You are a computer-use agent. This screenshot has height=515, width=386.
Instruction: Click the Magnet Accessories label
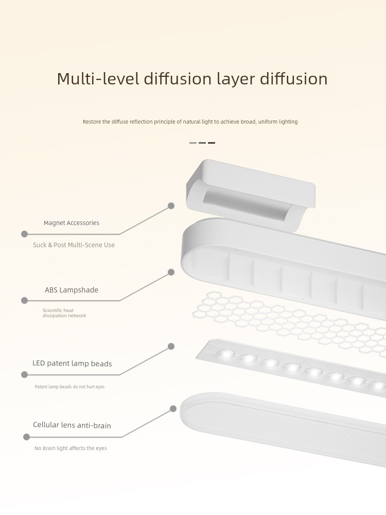[x=71, y=223]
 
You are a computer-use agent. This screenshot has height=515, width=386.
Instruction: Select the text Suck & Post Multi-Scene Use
[x=74, y=245]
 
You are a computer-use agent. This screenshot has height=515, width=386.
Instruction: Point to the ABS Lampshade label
[x=72, y=290]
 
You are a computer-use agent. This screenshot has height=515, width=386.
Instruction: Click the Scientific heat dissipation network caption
[x=64, y=313]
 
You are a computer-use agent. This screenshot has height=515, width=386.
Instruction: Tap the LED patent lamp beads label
[x=72, y=363]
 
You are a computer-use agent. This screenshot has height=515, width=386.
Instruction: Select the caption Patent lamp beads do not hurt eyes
[x=69, y=387]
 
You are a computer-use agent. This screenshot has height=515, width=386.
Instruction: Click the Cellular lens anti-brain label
[x=72, y=425]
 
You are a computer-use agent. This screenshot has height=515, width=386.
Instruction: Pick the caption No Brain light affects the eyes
[x=71, y=449]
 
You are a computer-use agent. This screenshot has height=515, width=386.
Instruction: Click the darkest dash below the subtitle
[x=212, y=143]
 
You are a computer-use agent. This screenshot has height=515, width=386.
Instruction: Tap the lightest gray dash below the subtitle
[x=193, y=143]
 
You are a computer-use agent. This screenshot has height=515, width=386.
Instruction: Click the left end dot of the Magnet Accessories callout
[x=24, y=234]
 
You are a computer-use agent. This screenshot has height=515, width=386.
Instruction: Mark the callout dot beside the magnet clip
[x=171, y=205]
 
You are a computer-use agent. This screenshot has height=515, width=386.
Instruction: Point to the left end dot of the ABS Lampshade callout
[x=24, y=301]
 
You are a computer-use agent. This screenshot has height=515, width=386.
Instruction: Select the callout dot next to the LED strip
[x=171, y=346]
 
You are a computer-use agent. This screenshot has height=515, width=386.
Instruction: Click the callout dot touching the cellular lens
[x=173, y=408]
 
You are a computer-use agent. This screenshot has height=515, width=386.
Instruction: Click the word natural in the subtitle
[x=191, y=122]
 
